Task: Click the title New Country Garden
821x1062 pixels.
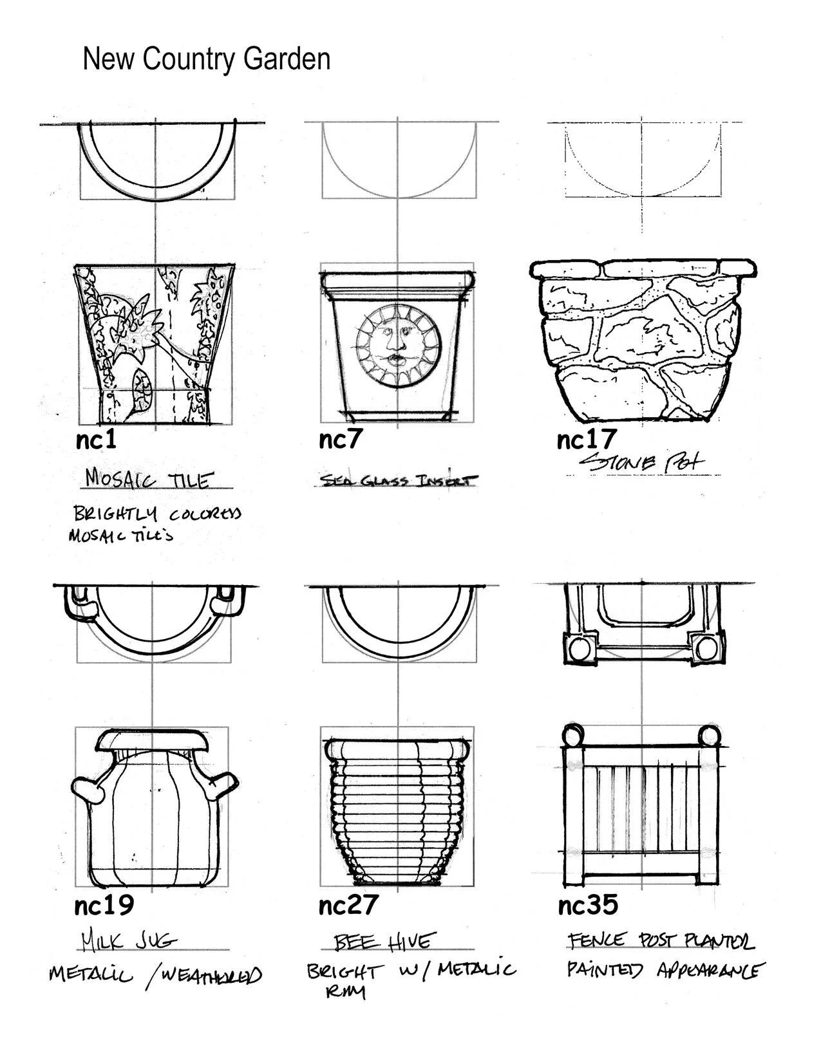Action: [x=206, y=59]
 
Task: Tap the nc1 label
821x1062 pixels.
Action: [x=96, y=440]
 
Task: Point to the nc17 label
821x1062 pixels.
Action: [x=587, y=440]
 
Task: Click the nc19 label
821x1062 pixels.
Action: [x=104, y=906]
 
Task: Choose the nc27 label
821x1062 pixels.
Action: [x=348, y=906]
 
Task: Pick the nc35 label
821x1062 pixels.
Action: [x=588, y=905]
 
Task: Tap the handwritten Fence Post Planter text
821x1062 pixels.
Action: [x=660, y=941]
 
